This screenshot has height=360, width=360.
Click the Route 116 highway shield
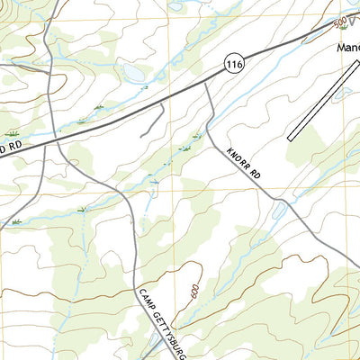236,64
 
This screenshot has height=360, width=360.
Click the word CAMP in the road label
147,299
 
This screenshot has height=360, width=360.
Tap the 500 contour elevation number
338,21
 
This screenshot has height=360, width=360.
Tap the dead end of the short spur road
140,135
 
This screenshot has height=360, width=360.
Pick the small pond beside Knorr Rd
280,213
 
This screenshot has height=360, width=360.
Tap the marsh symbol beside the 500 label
325,29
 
